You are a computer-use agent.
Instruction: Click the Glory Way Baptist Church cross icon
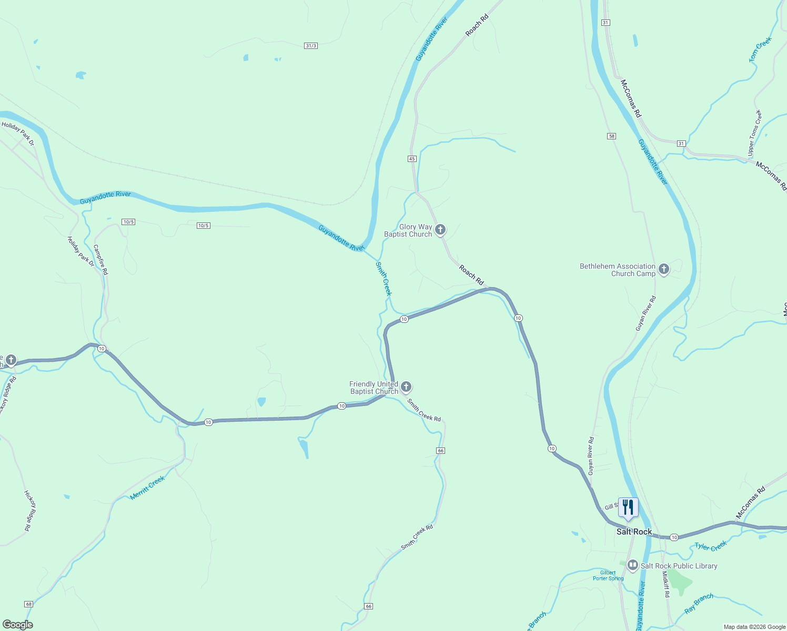click(x=440, y=230)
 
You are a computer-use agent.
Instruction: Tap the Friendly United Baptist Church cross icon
click(x=406, y=388)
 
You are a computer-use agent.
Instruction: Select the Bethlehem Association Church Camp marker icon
click(x=664, y=270)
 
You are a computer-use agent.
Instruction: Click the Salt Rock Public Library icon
click(x=633, y=566)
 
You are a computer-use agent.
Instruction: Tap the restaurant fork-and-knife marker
click(x=628, y=507)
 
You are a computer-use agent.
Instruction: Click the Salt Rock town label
click(x=634, y=532)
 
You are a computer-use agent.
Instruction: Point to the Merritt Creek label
click(x=147, y=487)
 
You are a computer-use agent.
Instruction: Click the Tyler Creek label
click(x=711, y=546)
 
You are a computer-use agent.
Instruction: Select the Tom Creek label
click(x=760, y=49)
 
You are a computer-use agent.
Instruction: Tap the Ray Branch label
click(x=699, y=603)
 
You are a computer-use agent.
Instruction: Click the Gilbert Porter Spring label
click(x=608, y=575)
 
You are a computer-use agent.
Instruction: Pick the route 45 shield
click(x=412, y=158)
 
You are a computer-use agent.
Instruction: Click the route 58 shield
click(x=611, y=136)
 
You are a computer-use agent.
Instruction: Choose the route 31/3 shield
click(x=311, y=46)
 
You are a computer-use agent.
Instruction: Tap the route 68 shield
click(x=28, y=604)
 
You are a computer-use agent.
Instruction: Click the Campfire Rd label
click(x=100, y=259)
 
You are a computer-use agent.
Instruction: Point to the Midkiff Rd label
click(x=665, y=584)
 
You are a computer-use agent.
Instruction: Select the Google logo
click(x=17, y=625)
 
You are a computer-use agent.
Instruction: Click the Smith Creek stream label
click(x=384, y=279)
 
